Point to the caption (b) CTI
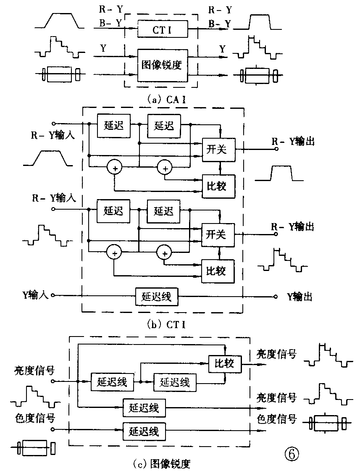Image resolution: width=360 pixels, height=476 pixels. click(162, 324)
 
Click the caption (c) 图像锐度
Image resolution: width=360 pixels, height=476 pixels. click(162, 464)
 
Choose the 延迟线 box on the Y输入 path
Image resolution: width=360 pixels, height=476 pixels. click(156, 297)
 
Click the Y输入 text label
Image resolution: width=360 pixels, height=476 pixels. click(37, 296)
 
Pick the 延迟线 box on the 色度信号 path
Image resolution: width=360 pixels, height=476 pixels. click(144, 431)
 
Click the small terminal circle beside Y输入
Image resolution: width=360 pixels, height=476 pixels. click(53, 296)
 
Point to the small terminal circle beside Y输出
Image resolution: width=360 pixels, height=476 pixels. click(276, 297)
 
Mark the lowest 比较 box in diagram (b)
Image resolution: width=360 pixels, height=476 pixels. click(219, 270)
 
